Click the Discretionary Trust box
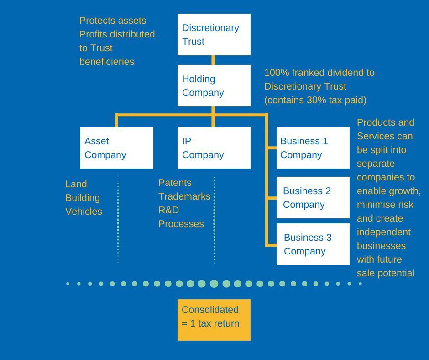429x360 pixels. (x=214, y=34)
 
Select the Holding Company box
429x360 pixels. (x=214, y=85)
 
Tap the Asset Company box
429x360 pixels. (x=116, y=148)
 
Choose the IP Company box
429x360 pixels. (x=214, y=148)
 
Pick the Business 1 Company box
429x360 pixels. (x=313, y=148)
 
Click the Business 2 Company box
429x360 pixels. (x=313, y=197)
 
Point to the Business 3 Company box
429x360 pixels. (x=313, y=244)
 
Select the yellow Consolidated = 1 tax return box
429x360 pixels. (x=214, y=320)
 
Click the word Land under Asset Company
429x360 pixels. (x=76, y=184)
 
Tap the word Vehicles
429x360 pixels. (x=84, y=212)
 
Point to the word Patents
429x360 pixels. (x=175, y=183)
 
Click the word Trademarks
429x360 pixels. (x=184, y=196)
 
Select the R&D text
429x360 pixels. (x=168, y=210)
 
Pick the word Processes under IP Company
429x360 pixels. (x=181, y=224)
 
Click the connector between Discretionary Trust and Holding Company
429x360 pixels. (x=213, y=60)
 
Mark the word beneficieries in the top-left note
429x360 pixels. (x=107, y=62)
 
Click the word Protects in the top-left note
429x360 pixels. (x=97, y=21)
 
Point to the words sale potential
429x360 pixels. (x=385, y=273)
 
